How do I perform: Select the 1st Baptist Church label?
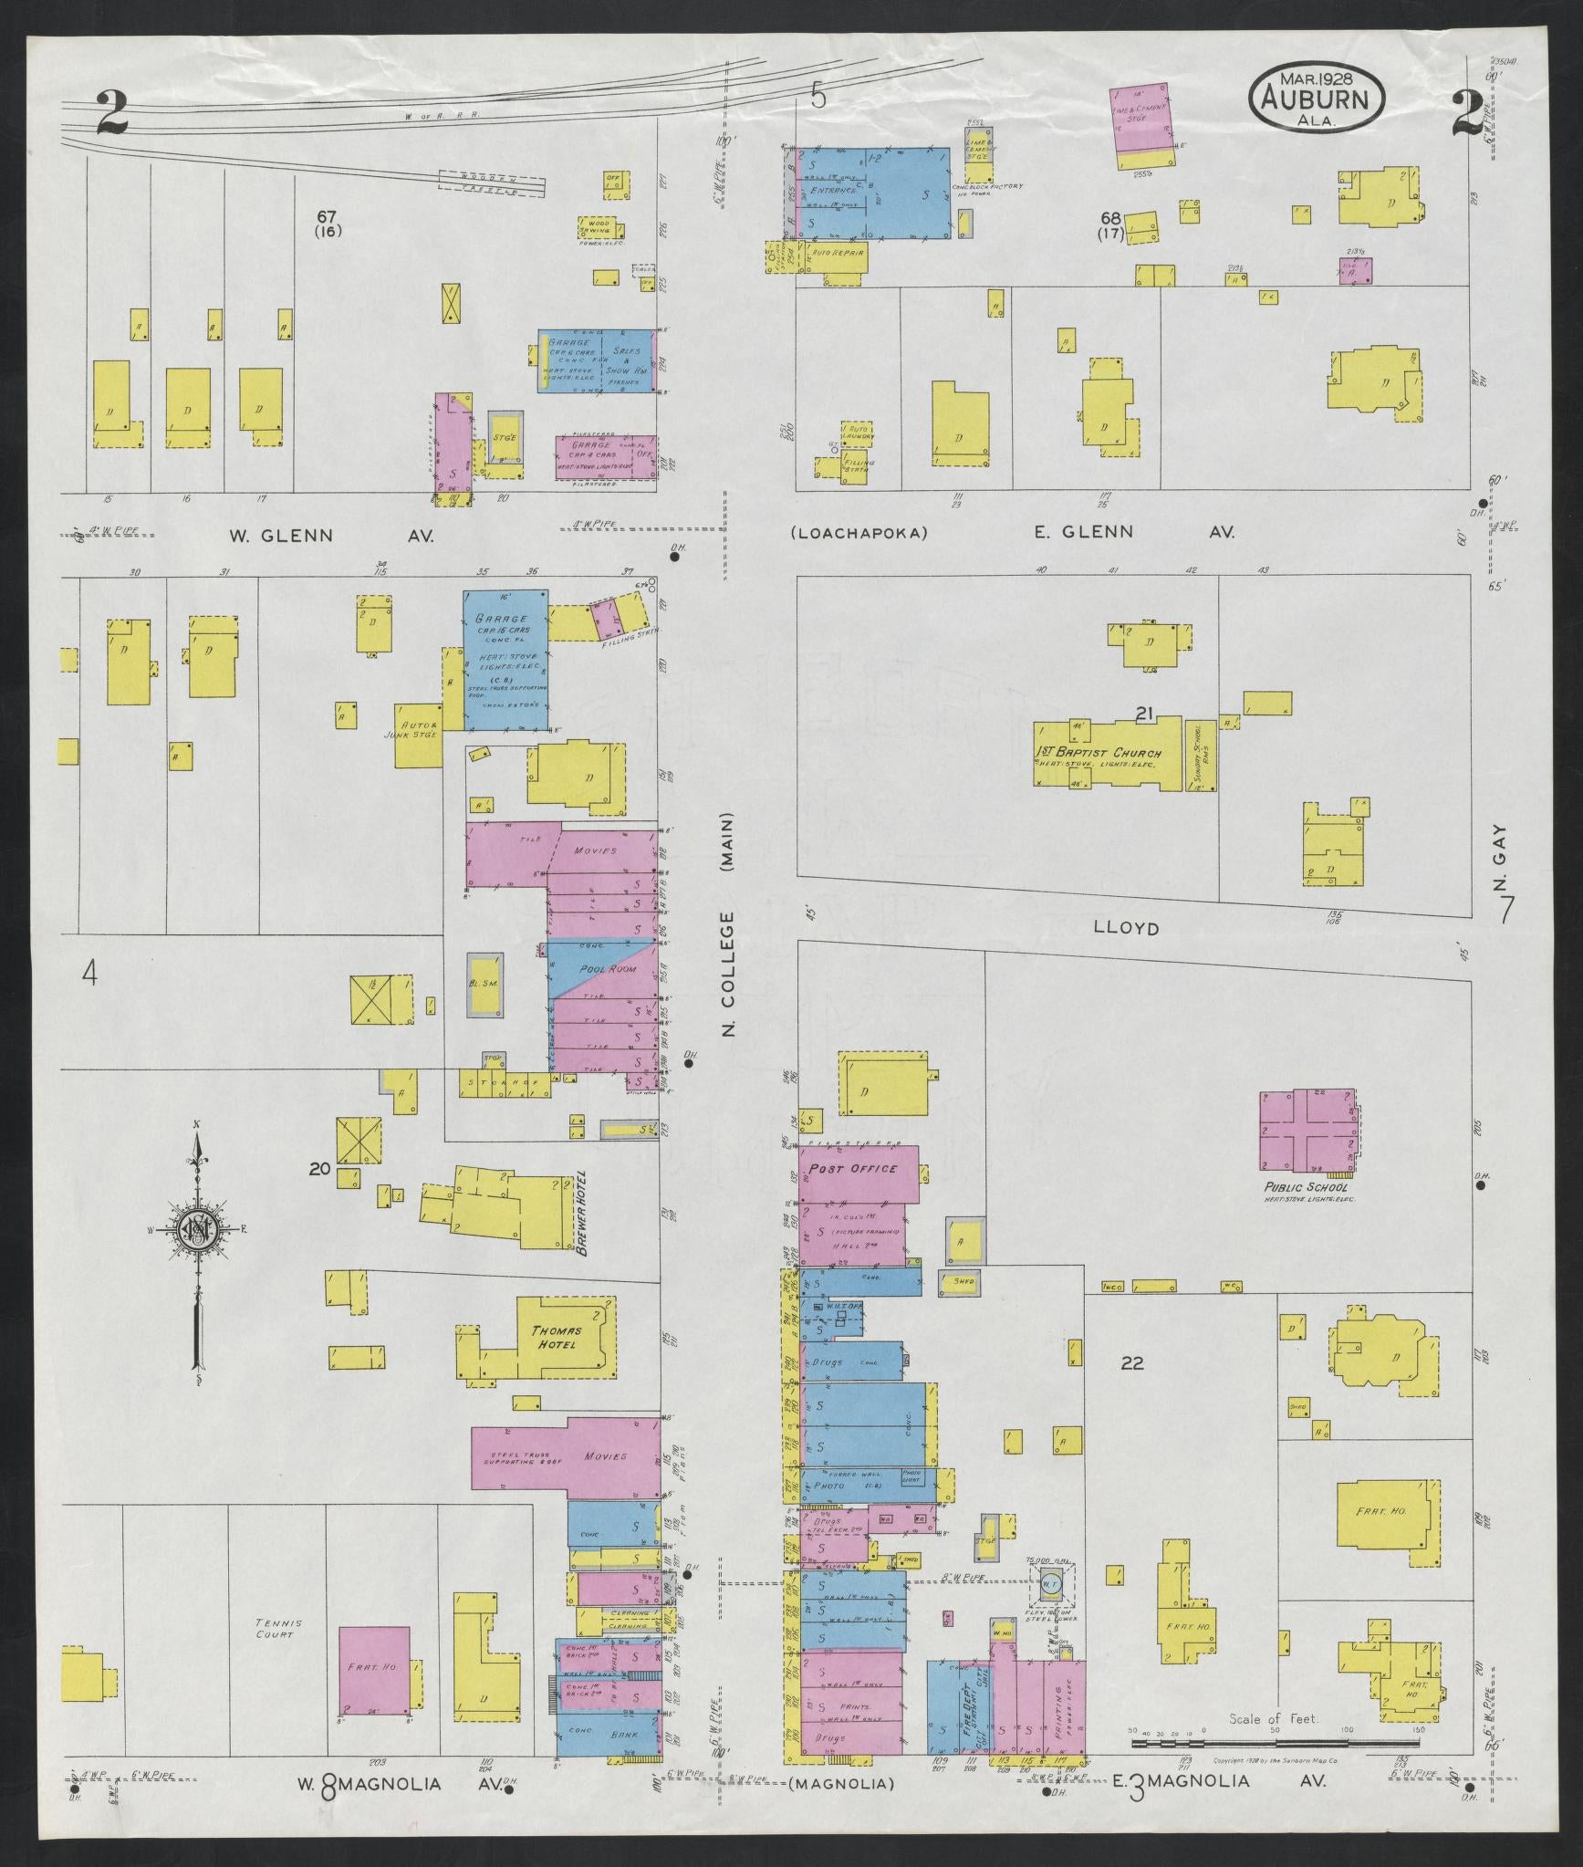1116,754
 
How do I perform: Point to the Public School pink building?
1306,1131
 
